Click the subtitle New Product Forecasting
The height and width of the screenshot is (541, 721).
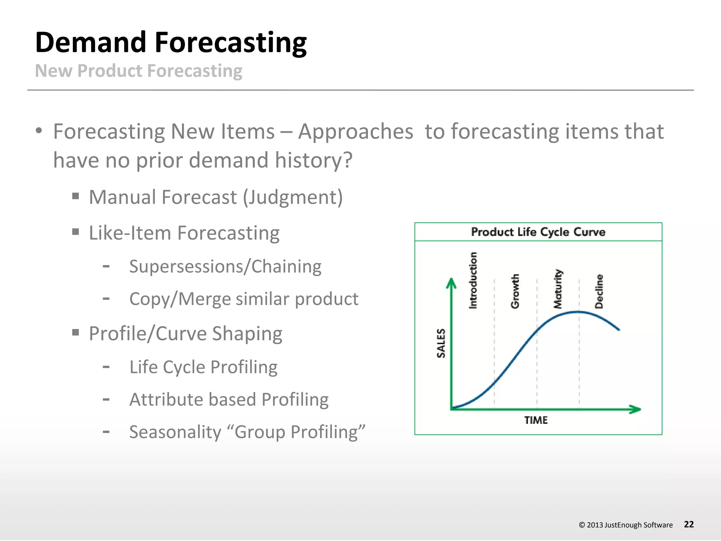(x=139, y=71)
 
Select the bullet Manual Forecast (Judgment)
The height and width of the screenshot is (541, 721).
(x=215, y=197)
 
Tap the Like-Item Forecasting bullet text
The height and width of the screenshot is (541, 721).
(x=184, y=233)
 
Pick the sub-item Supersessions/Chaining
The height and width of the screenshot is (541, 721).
(x=225, y=266)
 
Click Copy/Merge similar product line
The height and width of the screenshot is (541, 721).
(x=244, y=299)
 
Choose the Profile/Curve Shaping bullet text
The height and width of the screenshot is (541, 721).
(x=186, y=334)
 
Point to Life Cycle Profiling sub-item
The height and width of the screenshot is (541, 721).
(x=203, y=367)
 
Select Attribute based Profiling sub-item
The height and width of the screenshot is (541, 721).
(x=229, y=400)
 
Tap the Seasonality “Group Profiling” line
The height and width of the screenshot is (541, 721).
(x=247, y=432)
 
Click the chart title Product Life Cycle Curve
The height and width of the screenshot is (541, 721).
(x=538, y=232)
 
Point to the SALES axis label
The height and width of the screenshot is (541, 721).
(x=441, y=343)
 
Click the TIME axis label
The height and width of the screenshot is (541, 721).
(x=536, y=420)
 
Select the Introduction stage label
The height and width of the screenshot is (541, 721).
(x=473, y=281)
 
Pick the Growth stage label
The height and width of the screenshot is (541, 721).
(x=515, y=291)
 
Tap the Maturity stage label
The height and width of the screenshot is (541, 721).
(x=558, y=289)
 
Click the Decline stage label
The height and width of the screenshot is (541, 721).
(x=599, y=291)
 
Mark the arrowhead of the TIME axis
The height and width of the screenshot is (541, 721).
(x=636, y=409)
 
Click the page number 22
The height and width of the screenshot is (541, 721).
(x=689, y=524)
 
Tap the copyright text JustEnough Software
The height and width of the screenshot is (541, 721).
(x=638, y=525)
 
